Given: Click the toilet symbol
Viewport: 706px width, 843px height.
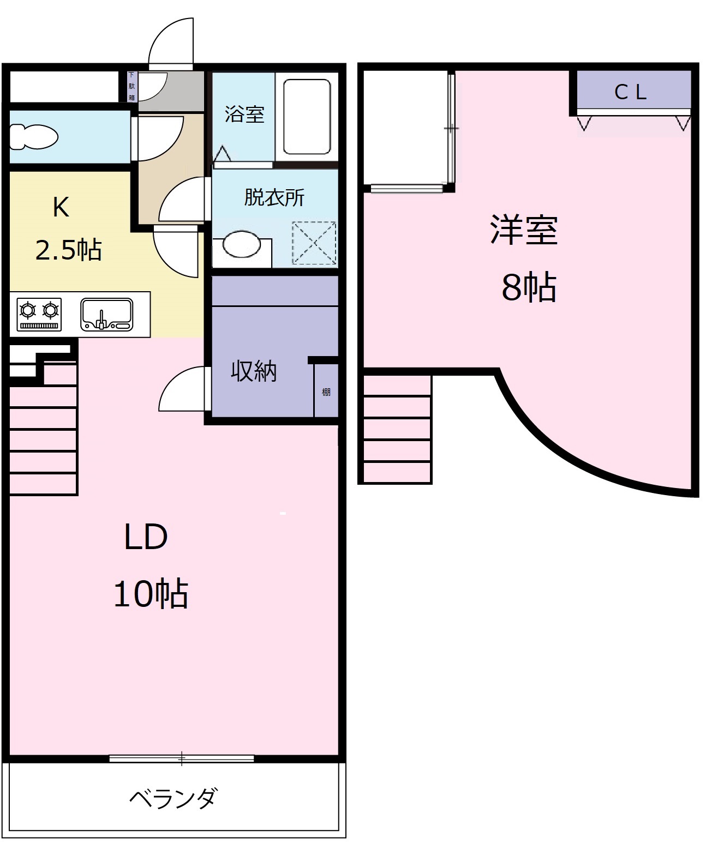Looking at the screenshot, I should (x=34, y=136).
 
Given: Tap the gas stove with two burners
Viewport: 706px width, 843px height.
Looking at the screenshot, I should (x=39, y=314).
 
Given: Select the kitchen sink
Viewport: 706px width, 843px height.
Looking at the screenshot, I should (x=107, y=315).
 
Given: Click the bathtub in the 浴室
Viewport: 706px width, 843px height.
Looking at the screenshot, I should (x=307, y=117).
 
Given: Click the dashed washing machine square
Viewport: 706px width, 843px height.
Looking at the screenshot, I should (x=314, y=243).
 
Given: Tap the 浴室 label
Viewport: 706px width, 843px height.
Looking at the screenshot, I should (x=244, y=114).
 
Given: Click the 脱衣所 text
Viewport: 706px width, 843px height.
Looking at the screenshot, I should (x=274, y=197).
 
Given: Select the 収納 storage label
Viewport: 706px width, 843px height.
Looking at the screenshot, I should (x=254, y=371).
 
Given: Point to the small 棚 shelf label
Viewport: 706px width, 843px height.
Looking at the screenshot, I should (x=326, y=392).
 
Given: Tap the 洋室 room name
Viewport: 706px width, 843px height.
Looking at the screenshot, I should (x=524, y=230).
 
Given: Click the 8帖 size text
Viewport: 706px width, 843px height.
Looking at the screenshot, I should (x=529, y=287).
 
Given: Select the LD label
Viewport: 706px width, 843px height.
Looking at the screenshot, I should (x=146, y=537).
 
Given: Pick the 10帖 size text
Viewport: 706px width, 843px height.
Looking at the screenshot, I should (x=151, y=594).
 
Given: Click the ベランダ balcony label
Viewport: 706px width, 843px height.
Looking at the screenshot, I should (x=173, y=798).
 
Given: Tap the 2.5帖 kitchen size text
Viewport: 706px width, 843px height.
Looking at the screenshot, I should (x=69, y=250).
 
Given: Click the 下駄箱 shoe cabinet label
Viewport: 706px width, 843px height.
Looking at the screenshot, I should (x=131, y=86).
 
